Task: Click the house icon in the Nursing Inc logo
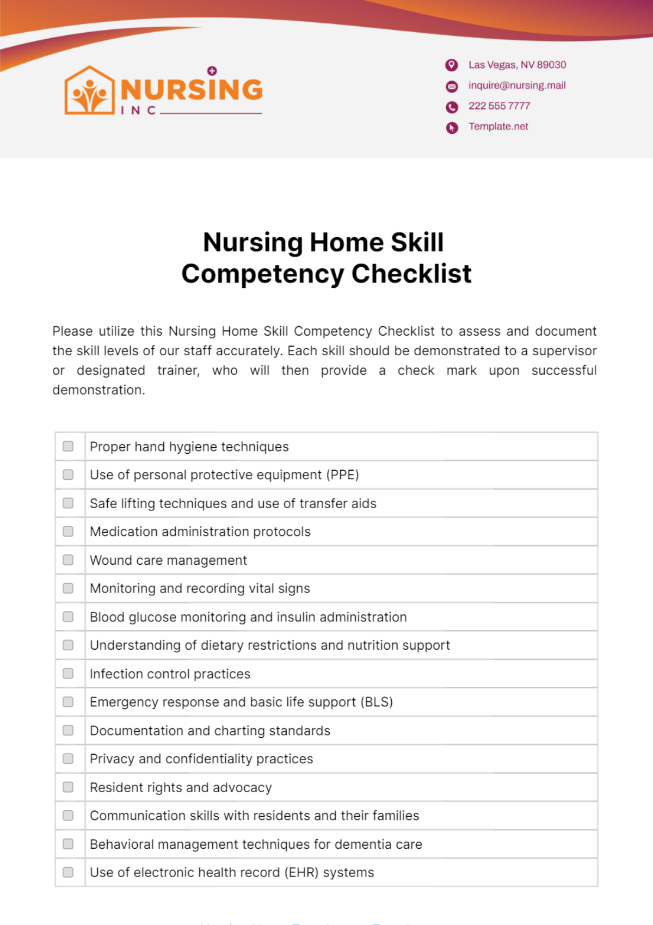90,91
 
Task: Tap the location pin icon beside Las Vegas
452,65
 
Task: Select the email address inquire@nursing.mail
516,85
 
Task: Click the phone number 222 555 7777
499,106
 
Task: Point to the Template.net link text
498,127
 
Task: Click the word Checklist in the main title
411,274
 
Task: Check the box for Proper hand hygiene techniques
68,446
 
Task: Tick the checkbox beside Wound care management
68,560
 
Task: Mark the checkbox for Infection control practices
68,674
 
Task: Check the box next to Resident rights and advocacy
68,787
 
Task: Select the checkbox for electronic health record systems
68,872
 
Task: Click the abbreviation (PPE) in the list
342,475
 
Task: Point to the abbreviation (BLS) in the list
377,702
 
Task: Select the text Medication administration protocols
200,532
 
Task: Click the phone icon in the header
452,107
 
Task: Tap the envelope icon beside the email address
452,87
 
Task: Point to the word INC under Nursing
138,110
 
